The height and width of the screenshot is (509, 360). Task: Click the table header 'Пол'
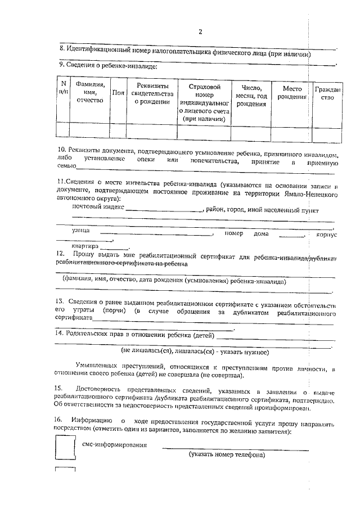point(118,93)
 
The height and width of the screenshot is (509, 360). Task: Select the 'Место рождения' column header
point(292,93)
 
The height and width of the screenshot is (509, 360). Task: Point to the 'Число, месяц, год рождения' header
point(251,96)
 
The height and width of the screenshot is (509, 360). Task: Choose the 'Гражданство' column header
point(327,93)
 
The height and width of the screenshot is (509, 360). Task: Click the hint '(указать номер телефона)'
point(227,454)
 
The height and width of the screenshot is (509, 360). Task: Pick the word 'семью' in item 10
point(66,166)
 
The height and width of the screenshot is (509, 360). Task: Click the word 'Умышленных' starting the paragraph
point(98,368)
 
